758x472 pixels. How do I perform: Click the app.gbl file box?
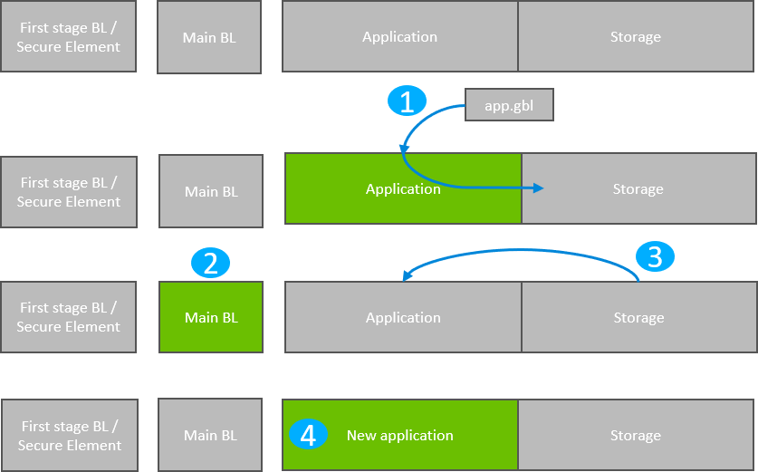point(508,105)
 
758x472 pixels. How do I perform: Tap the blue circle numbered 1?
point(407,101)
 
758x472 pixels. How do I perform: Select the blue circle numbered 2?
point(210,264)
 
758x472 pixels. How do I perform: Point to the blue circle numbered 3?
point(655,256)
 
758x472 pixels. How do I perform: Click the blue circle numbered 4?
point(308,435)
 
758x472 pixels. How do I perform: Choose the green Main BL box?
point(211,317)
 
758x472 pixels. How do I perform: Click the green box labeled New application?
point(400,435)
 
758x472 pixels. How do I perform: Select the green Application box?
point(403,188)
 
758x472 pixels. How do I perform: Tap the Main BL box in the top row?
point(209,37)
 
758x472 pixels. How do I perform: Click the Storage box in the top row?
point(635,37)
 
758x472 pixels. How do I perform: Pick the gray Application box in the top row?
point(399,37)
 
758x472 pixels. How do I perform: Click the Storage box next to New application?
point(635,435)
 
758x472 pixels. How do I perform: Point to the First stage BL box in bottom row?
point(69,435)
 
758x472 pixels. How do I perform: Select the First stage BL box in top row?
point(68,37)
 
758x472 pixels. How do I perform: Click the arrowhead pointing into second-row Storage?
point(539,188)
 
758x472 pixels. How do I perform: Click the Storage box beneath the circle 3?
point(638,317)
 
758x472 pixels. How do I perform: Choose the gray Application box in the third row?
point(403,317)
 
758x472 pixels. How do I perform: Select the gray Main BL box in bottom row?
point(210,435)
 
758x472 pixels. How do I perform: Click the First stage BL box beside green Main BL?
point(68,317)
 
